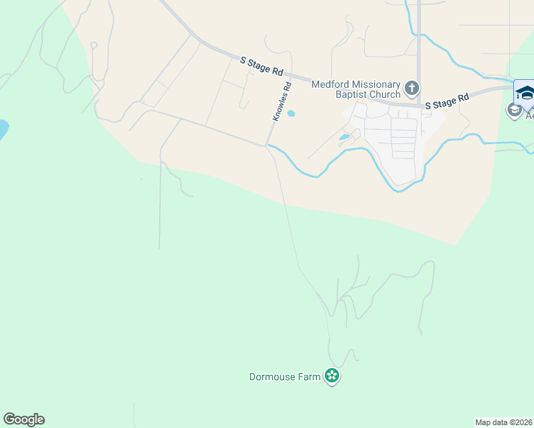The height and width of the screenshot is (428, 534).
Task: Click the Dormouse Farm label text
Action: (284, 377)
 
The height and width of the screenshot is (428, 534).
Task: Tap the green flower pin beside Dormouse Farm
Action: (331, 375)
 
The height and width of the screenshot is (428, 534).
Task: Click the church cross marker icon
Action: (411, 89)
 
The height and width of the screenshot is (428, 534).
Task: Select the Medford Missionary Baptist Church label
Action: (356, 89)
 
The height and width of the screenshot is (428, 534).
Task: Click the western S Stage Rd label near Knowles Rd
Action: (262, 66)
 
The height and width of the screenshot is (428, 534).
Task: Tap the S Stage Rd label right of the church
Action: (447, 101)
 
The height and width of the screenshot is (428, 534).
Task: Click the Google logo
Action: (24, 419)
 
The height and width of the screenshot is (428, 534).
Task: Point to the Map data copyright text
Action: (504, 422)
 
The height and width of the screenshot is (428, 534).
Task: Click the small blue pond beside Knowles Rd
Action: (291, 113)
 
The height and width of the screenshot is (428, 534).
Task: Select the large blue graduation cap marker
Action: (525, 93)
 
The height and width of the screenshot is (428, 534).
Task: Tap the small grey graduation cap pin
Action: (514, 110)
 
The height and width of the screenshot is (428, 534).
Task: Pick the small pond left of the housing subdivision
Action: (345, 137)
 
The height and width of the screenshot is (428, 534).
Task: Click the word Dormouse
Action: (272, 377)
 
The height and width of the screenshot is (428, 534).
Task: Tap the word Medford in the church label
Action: (331, 84)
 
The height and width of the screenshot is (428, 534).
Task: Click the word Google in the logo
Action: (24, 419)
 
